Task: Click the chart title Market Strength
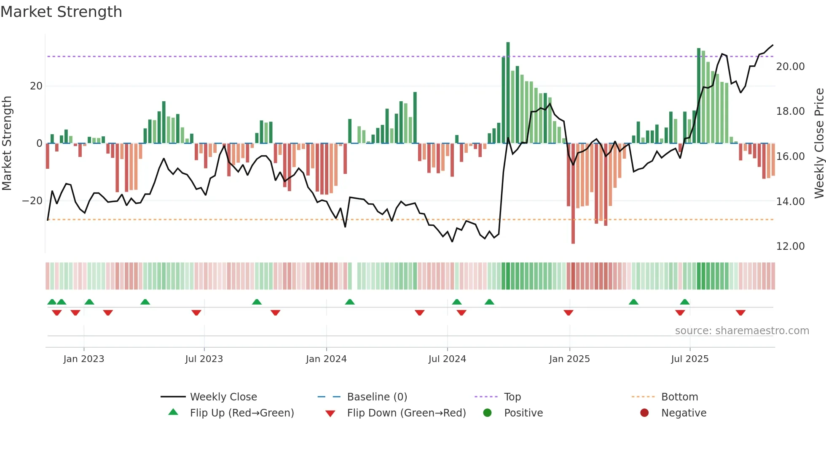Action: [61, 12]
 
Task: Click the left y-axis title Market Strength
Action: [7, 143]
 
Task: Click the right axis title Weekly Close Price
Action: [819, 143]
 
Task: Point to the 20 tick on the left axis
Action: [36, 86]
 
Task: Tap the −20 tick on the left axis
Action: [32, 201]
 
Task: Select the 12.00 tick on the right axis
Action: [790, 246]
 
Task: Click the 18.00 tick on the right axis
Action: [790, 111]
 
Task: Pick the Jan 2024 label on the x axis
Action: [326, 359]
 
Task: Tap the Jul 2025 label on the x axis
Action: [690, 359]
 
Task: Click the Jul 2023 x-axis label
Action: [204, 359]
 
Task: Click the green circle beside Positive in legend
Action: [487, 413]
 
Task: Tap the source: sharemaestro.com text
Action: [742, 331]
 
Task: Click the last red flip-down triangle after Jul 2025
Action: [740, 313]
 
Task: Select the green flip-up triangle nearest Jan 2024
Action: [350, 302]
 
